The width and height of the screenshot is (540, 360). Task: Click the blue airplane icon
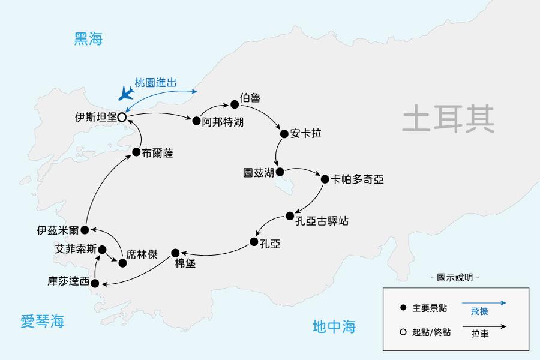point(126,92)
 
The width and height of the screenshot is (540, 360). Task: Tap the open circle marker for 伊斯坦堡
point(121,118)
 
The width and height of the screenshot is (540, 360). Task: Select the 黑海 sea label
point(89,40)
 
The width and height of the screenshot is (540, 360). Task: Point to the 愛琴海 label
point(42,322)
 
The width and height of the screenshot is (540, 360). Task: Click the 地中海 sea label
point(334,326)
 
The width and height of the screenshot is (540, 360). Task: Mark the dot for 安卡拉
point(283,134)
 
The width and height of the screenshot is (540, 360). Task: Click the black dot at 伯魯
point(234,104)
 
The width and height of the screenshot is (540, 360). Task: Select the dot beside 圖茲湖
point(280,171)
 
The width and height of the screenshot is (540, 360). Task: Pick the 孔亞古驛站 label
point(322,221)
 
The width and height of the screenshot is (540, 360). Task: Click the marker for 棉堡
point(175,253)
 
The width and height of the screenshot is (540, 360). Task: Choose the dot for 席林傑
point(122,262)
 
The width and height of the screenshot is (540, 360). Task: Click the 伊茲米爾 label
point(58,230)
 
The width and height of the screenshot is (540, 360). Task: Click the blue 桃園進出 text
point(155,83)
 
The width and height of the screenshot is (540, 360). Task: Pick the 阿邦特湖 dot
point(196,121)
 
